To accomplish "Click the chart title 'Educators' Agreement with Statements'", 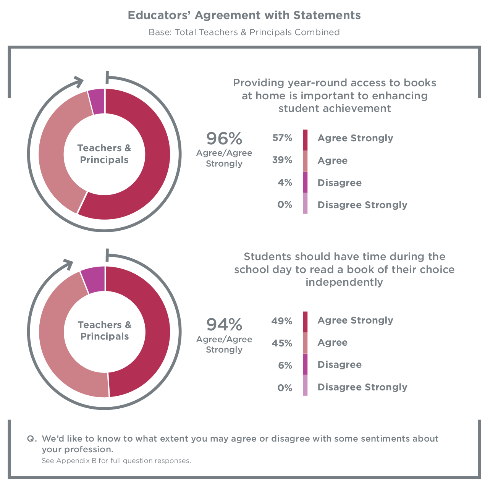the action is (244, 15).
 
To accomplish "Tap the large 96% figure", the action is (224, 139).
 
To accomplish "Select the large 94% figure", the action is (224, 325).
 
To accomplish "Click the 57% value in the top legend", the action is (282, 138).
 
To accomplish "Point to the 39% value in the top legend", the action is (282, 160).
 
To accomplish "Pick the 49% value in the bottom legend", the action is (281, 321).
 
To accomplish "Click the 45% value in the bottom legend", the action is (282, 343).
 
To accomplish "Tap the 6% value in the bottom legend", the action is (285, 366).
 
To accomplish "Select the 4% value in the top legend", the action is (285, 182).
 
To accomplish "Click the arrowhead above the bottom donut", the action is (68, 264).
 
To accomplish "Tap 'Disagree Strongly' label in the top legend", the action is (362, 205).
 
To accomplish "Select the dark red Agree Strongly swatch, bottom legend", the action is (305, 322).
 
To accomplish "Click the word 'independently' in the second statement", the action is (344, 282).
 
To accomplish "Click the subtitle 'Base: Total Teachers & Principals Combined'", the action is (244, 32).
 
